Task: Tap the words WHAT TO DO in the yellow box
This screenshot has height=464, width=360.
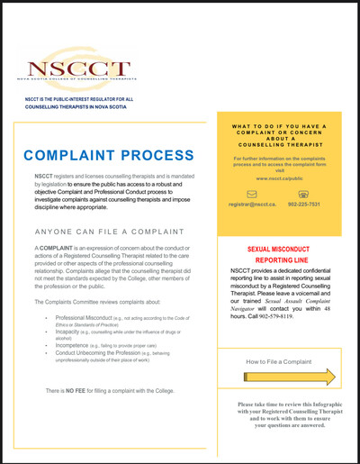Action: click(x=256, y=125)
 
